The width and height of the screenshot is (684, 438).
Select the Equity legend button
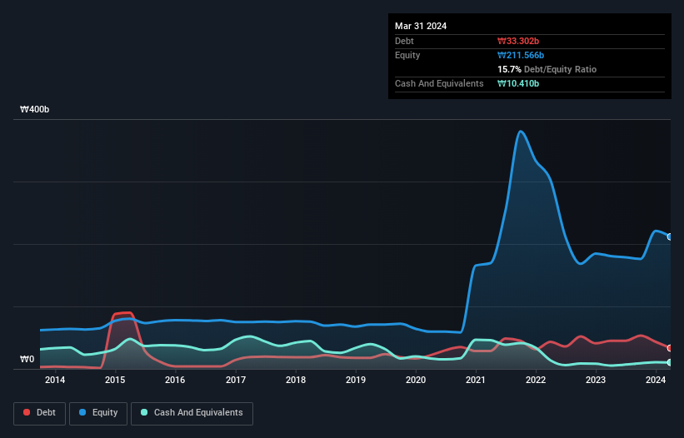tap(98, 412)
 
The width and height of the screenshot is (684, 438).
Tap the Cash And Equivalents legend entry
tap(192, 412)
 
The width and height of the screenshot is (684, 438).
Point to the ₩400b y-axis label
tap(35, 110)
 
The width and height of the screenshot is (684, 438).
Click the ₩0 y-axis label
tap(27, 360)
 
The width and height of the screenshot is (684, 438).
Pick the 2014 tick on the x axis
tap(55, 381)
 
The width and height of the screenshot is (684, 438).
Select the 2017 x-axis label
tap(235, 381)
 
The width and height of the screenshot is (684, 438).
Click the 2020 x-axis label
tap(416, 381)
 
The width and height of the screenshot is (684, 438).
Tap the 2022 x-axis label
tap(536, 381)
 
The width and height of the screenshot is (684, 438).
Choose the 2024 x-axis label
tap(656, 381)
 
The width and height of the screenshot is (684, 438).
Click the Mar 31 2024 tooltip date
tap(421, 26)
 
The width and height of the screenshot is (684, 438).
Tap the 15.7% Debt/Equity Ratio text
tap(547, 69)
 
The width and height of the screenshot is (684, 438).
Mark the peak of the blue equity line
tap(520, 132)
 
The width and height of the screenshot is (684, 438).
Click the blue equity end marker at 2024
tap(670, 237)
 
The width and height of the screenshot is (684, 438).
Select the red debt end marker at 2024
tap(670, 348)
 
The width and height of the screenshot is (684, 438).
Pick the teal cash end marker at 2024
tap(670, 362)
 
